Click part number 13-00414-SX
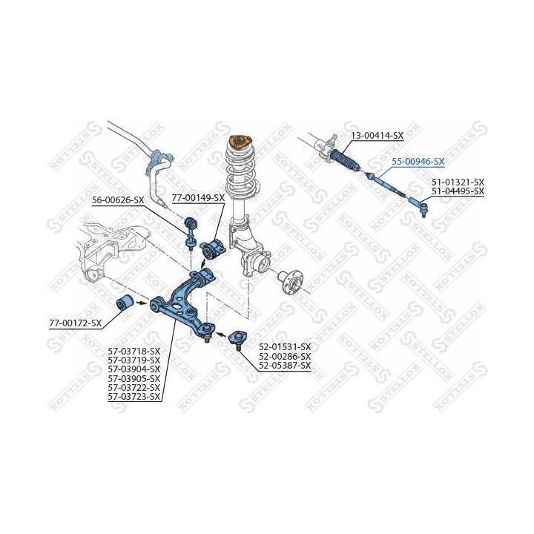(378, 136)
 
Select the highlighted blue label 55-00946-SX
(418, 162)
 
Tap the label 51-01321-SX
(458, 182)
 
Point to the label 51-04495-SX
(458, 191)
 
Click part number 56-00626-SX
(118, 200)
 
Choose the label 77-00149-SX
(198, 198)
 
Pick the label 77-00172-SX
(76, 323)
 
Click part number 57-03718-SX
(133, 350)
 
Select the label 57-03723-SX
(133, 396)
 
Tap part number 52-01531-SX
(285, 346)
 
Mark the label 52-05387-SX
(285, 366)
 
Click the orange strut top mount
(240, 142)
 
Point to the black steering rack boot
(345, 159)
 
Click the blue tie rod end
(418, 205)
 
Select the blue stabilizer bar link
(190, 233)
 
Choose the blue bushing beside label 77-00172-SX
(125, 303)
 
